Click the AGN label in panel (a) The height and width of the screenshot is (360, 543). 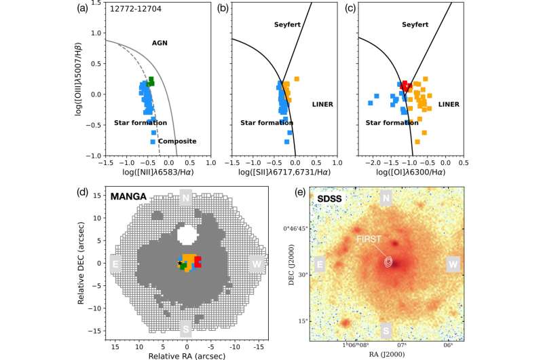tap(160, 43)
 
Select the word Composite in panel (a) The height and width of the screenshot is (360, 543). tap(178, 141)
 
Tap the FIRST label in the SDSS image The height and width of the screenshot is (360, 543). tap(370, 239)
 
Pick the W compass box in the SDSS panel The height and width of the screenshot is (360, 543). tap(453, 264)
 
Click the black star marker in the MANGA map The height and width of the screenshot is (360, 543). tap(180, 263)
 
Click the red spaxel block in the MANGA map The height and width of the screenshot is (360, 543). tap(198, 262)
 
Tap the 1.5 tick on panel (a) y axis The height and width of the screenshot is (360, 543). tap(96, 5)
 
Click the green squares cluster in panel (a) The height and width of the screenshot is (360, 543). tap(151, 82)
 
